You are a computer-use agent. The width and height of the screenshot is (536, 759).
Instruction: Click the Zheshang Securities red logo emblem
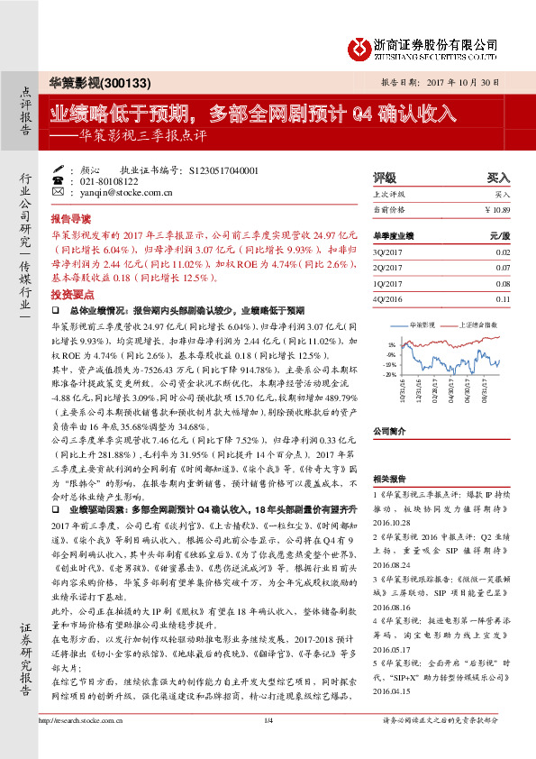359,47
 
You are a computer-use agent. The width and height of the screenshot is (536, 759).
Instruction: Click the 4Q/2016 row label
389,298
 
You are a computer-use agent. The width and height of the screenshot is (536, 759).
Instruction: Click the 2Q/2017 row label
389,268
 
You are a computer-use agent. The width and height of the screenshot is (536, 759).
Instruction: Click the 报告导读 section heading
70,219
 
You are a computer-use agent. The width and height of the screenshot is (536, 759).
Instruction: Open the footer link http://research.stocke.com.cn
78,745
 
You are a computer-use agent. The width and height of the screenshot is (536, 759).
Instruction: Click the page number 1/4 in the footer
268,745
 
